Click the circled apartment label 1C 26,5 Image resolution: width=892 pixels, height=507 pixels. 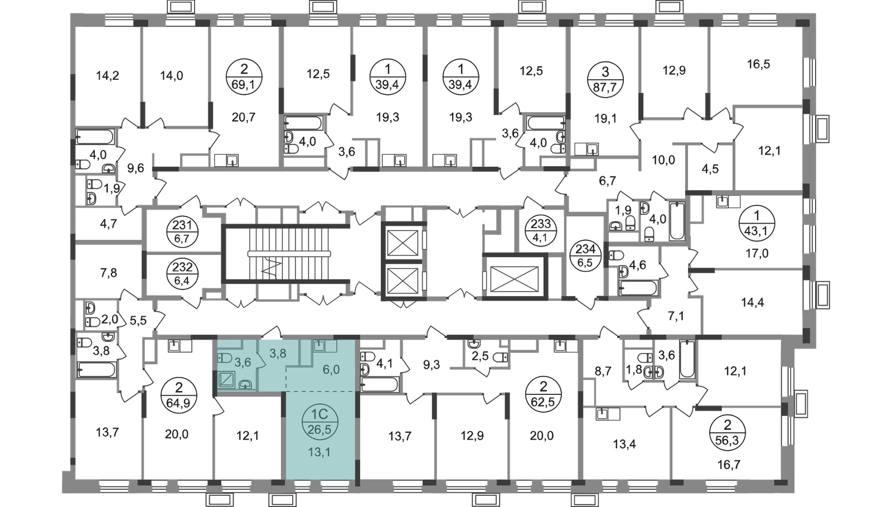click(x=320, y=423)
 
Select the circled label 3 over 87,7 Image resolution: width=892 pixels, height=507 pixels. click(x=605, y=80)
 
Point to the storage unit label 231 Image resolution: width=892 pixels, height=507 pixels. click(x=182, y=232)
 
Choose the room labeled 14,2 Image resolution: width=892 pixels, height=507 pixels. click(x=108, y=75)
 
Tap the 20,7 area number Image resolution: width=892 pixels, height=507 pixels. click(x=243, y=118)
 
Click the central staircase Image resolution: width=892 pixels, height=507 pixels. click(x=289, y=254)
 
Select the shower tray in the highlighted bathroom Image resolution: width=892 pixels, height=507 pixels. click(x=228, y=380)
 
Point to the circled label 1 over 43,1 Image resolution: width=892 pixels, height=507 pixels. click(x=757, y=225)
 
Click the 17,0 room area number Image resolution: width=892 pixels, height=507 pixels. click(x=757, y=253)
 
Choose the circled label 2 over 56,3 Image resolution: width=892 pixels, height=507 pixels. click(x=728, y=432)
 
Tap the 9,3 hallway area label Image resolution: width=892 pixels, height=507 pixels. click(x=432, y=364)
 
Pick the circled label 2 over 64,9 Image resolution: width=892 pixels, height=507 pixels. click(x=179, y=393)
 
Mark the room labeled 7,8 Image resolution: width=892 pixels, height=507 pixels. click(x=108, y=273)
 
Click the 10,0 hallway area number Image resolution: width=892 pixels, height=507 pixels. click(x=663, y=160)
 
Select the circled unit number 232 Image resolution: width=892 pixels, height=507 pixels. click(x=182, y=273)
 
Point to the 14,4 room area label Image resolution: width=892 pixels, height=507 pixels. click(x=753, y=303)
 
